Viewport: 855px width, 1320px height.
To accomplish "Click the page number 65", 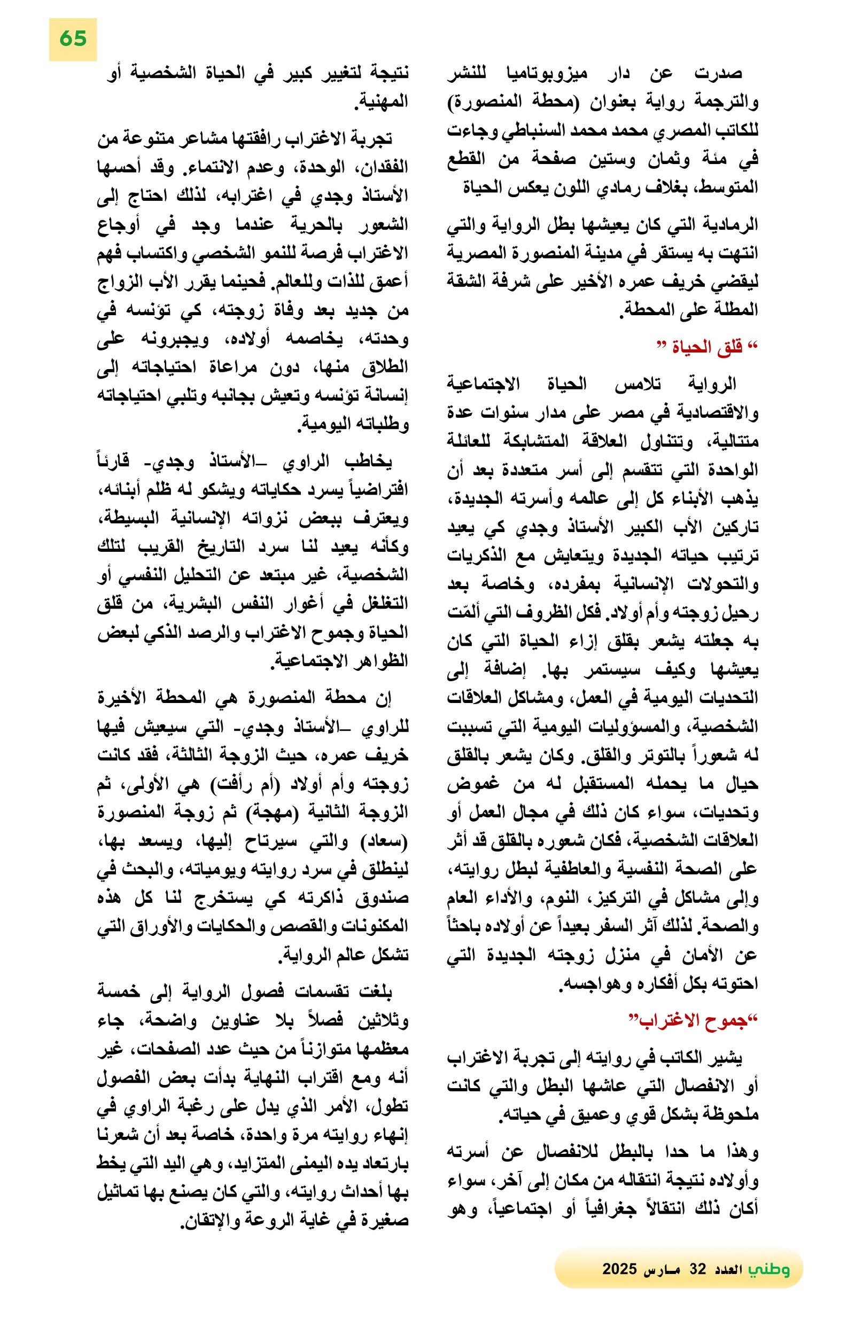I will coord(73,39).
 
